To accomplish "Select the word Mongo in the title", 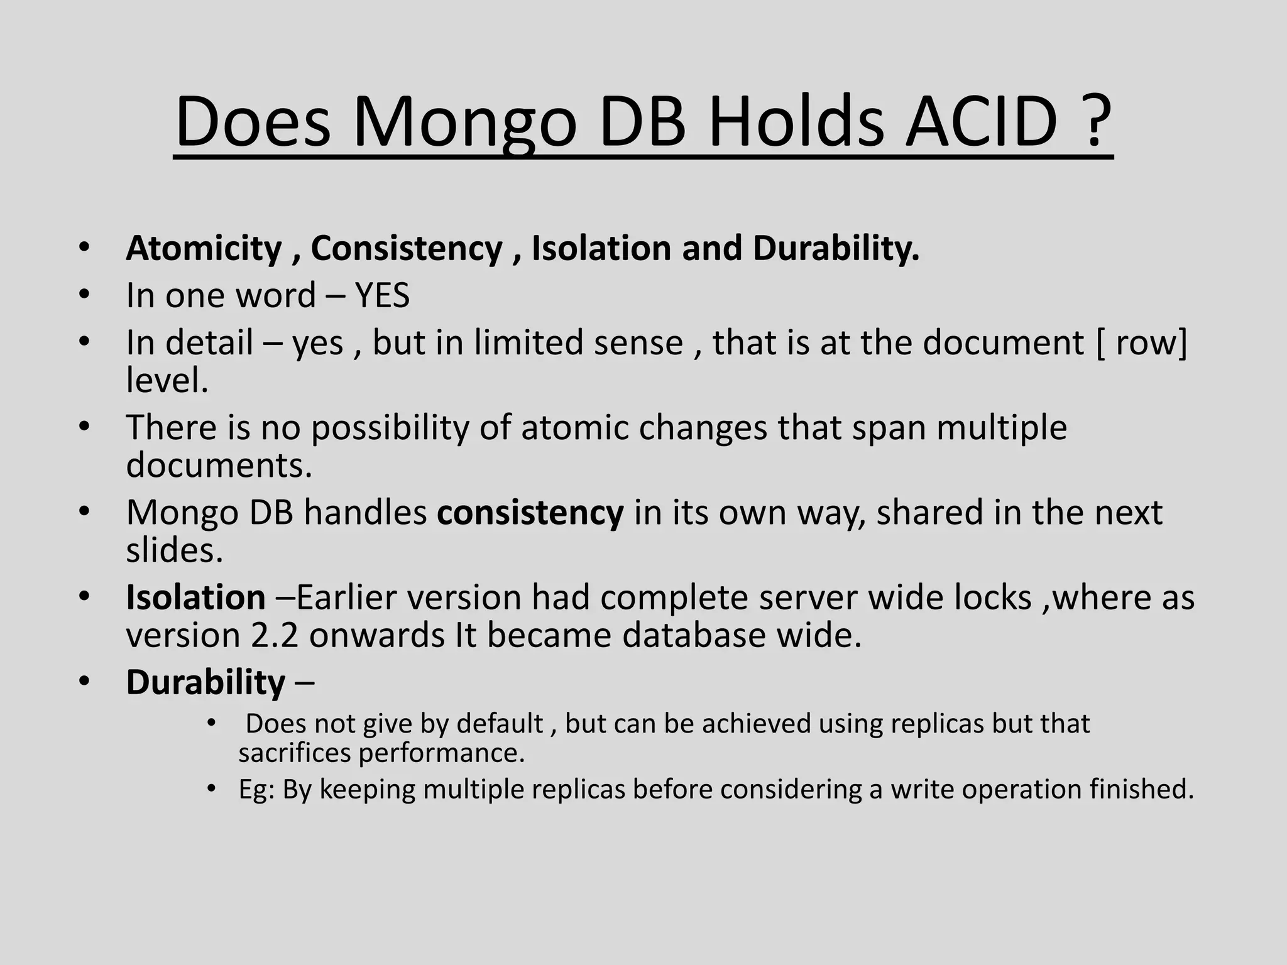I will point(464,123).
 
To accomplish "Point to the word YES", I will point(382,295).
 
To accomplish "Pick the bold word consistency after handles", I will point(530,513).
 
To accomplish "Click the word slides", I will point(174,550).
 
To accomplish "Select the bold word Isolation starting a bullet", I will point(195,597).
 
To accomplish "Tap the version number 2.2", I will point(274,635).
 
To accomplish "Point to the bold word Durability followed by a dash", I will point(205,682).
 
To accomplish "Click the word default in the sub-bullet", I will point(500,724).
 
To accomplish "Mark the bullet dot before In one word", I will point(84,294).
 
